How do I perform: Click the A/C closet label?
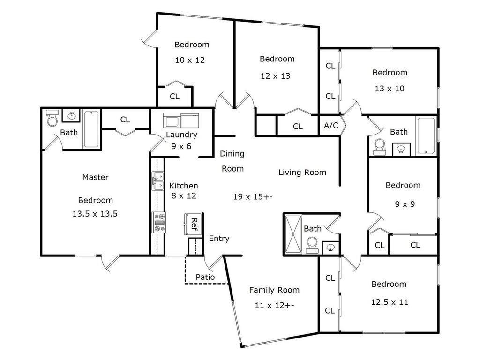(331, 125)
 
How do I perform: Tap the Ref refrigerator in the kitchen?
(193, 225)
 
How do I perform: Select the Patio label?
(205, 277)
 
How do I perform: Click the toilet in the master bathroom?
(52, 118)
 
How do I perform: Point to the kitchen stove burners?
(159, 222)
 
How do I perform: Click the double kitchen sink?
(158, 181)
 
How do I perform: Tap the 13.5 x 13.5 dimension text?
(95, 214)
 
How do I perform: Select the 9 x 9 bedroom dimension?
(405, 204)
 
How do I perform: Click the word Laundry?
(181, 135)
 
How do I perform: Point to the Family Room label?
(274, 290)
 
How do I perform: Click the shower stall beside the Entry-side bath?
(293, 234)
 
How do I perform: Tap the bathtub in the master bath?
(91, 129)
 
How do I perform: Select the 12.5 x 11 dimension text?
(390, 302)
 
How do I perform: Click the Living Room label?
(302, 172)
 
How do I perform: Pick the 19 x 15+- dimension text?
(253, 196)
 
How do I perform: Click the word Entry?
(219, 239)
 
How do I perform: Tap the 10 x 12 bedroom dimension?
(190, 60)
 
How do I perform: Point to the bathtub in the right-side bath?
(426, 136)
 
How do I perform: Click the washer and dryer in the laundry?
(181, 120)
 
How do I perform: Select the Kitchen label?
(183, 186)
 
